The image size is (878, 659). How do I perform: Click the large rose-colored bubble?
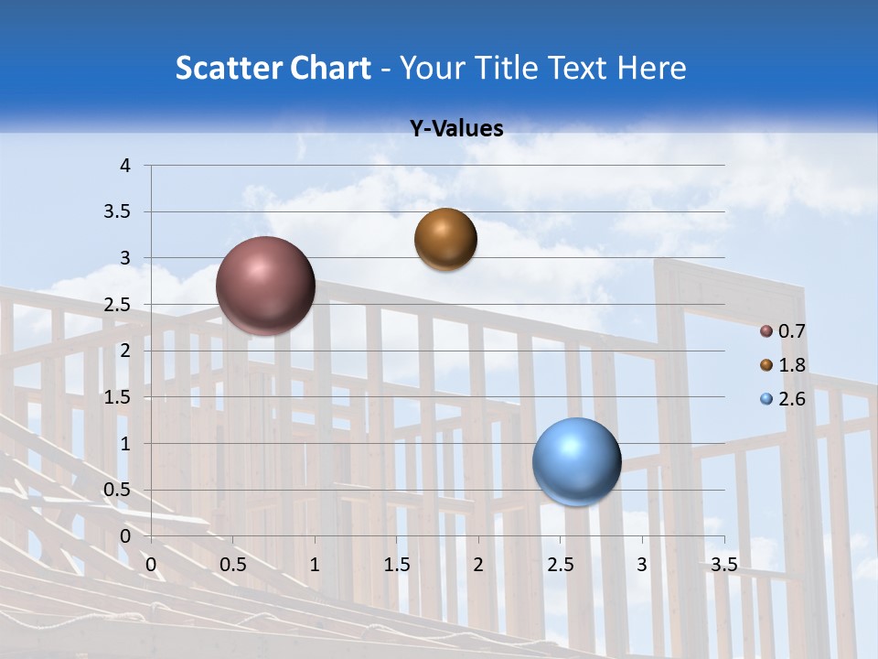click(266, 286)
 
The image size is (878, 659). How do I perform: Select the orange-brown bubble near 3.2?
click(445, 240)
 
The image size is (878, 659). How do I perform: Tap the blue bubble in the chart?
click(577, 461)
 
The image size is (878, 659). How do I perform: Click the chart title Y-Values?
click(456, 129)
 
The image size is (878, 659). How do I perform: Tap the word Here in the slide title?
click(651, 68)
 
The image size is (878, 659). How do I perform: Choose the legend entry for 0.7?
click(782, 331)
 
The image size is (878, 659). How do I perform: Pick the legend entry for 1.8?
click(782, 365)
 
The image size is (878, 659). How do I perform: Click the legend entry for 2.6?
click(782, 399)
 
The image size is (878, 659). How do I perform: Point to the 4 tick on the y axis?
click(126, 166)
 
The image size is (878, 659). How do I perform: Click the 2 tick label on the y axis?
click(126, 351)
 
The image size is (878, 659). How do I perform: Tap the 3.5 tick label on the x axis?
click(724, 565)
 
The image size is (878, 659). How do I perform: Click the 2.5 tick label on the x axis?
click(560, 565)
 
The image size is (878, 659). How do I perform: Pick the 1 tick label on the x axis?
click(315, 565)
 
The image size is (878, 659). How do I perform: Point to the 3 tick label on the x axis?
click(642, 565)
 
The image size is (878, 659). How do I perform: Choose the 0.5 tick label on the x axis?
click(232, 565)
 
